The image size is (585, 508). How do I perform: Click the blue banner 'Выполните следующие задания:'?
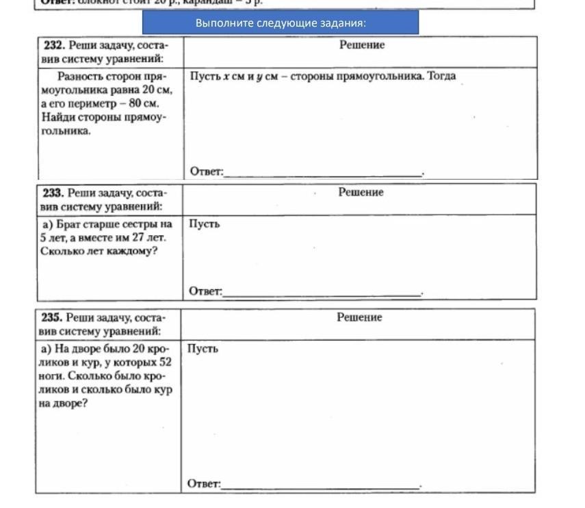click(x=281, y=23)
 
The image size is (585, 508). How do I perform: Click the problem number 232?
click(x=53, y=45)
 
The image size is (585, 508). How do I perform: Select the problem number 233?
click(x=53, y=193)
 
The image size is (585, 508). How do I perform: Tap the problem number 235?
click(x=52, y=318)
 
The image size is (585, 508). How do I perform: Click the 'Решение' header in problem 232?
click(x=362, y=45)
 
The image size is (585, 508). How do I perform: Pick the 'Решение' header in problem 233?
click(x=361, y=193)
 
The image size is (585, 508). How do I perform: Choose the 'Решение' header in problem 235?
click(x=359, y=318)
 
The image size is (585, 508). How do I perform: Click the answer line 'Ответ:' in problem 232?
click(x=207, y=171)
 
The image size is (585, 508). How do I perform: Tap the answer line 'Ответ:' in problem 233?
click(x=206, y=292)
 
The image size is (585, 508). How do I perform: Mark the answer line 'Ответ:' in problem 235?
click(x=205, y=484)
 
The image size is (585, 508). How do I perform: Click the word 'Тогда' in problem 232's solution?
click(x=441, y=76)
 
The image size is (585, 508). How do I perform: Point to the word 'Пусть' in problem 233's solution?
click(x=205, y=224)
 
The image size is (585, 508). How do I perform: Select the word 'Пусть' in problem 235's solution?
click(x=203, y=349)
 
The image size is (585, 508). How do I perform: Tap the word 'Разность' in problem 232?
click(x=81, y=76)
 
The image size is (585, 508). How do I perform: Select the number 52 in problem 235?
click(x=164, y=362)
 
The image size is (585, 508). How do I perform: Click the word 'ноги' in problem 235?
click(x=52, y=376)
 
